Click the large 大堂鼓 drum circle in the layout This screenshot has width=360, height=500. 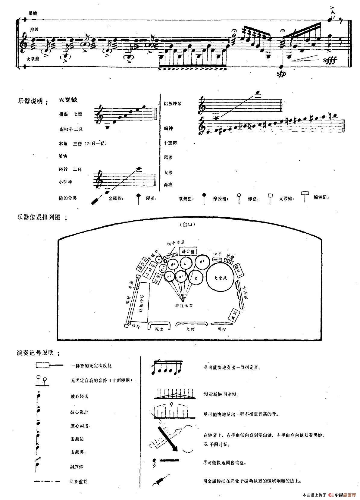[x=221, y=278]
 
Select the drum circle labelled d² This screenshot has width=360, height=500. [x=173, y=265]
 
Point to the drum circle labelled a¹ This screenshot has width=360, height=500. [x=181, y=276]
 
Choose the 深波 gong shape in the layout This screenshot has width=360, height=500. [x=159, y=326]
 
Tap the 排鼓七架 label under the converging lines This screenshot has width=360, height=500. [x=184, y=305]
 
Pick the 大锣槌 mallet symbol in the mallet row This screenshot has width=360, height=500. [x=306, y=195]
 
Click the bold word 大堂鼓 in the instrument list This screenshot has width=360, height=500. [x=68, y=100]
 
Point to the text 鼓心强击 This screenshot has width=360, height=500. [x=79, y=412]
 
